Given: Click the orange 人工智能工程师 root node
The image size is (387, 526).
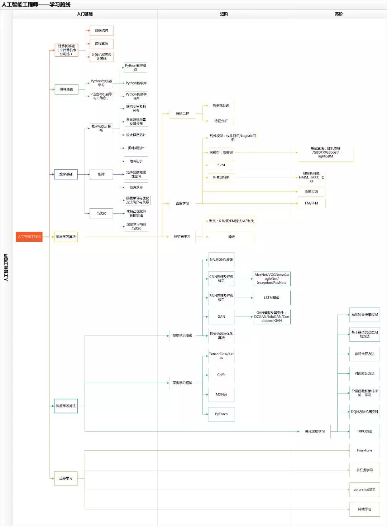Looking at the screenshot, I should click(x=29, y=237).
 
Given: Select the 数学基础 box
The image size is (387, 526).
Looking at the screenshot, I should click(x=66, y=174).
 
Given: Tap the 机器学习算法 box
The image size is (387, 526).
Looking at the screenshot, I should click(x=66, y=237).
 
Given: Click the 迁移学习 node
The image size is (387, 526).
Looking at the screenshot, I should click(x=66, y=478).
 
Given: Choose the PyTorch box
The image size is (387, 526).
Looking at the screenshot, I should click(x=221, y=414).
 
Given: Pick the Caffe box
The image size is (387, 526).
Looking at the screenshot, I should click(x=221, y=375).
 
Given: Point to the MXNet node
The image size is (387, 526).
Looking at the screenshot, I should click(x=221, y=394).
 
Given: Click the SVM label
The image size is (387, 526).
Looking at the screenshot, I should click(x=221, y=165).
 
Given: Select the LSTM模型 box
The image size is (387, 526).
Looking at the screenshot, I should click(x=272, y=298).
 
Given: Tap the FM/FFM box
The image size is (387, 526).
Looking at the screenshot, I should click(x=311, y=203).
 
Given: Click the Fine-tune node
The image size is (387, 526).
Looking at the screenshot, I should click(x=364, y=450).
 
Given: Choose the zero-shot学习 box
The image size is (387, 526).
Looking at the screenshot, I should click(x=364, y=489).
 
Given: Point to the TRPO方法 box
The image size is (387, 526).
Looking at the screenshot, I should click(x=364, y=431).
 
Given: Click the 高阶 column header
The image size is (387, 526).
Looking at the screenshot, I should click(x=339, y=14).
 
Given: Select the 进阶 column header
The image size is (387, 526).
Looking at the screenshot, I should click(x=224, y=14).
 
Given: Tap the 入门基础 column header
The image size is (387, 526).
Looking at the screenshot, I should click(x=85, y=14).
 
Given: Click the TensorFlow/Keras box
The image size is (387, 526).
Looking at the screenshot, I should click(x=221, y=356).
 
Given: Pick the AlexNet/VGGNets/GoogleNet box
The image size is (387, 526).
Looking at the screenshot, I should click(x=272, y=279).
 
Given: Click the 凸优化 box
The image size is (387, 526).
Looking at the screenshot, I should click(x=101, y=213).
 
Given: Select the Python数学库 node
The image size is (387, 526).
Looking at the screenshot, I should click(x=136, y=83).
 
